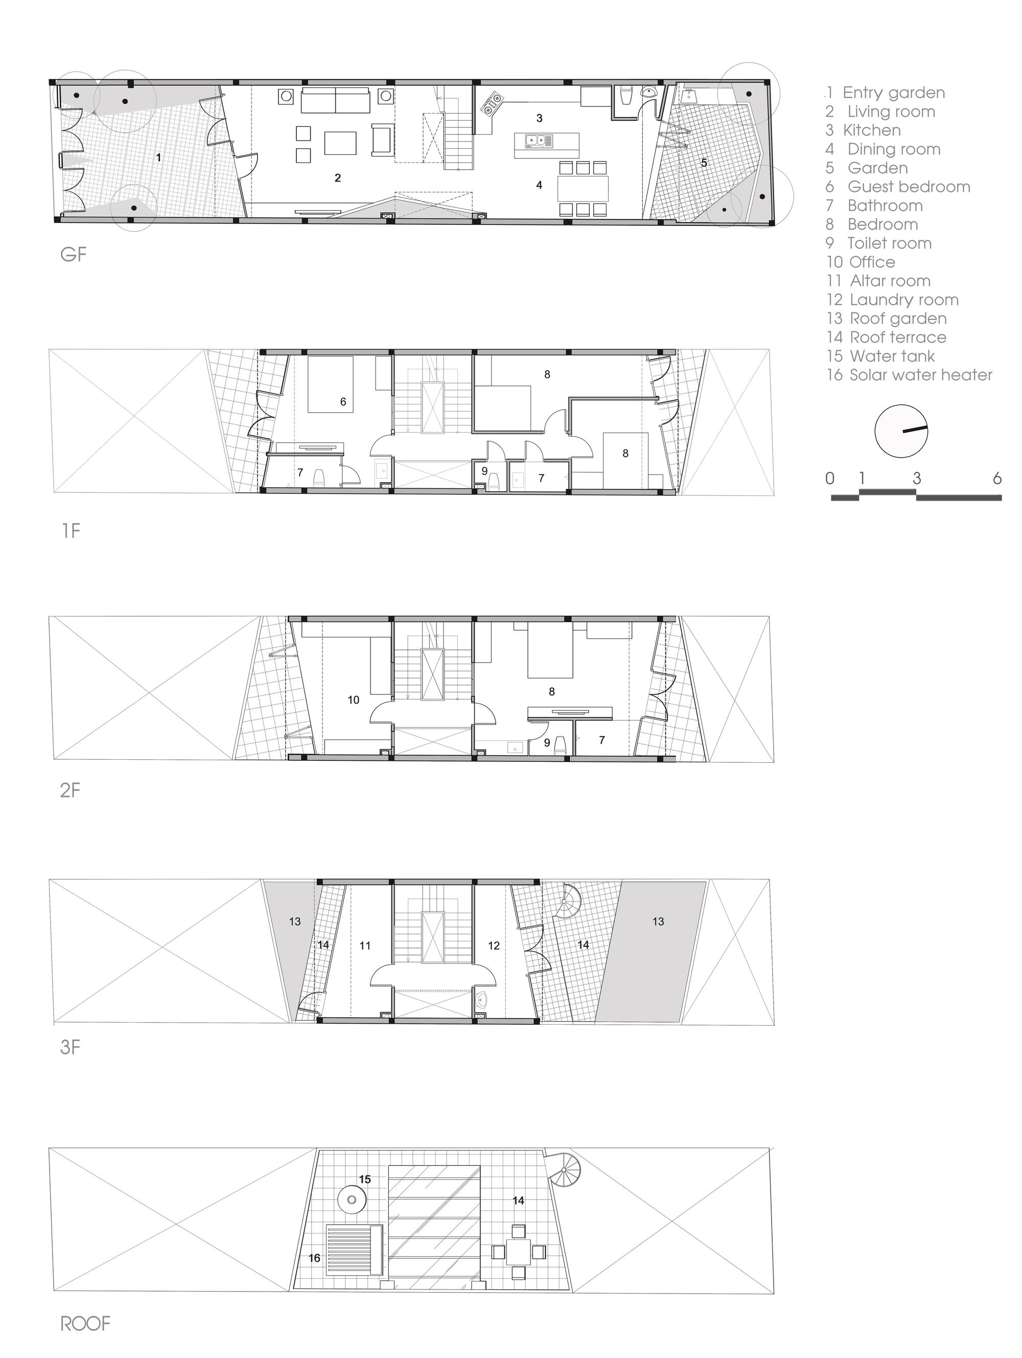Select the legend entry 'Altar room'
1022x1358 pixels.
[x=890, y=281]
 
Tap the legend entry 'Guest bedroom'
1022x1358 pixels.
[x=909, y=187]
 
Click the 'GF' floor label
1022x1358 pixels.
[x=73, y=254]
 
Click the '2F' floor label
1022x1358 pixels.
[x=71, y=789]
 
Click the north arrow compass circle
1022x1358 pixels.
[x=901, y=431]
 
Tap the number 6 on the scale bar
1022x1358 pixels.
[x=997, y=478]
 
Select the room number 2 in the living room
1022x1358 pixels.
[x=337, y=178]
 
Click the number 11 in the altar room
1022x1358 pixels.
[x=365, y=945]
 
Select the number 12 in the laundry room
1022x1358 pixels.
[x=494, y=945]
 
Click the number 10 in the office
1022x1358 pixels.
[x=353, y=700]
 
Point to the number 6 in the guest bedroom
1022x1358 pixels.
[x=343, y=402]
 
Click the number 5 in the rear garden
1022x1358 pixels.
[x=704, y=163]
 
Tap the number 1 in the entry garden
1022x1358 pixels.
[x=158, y=159]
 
